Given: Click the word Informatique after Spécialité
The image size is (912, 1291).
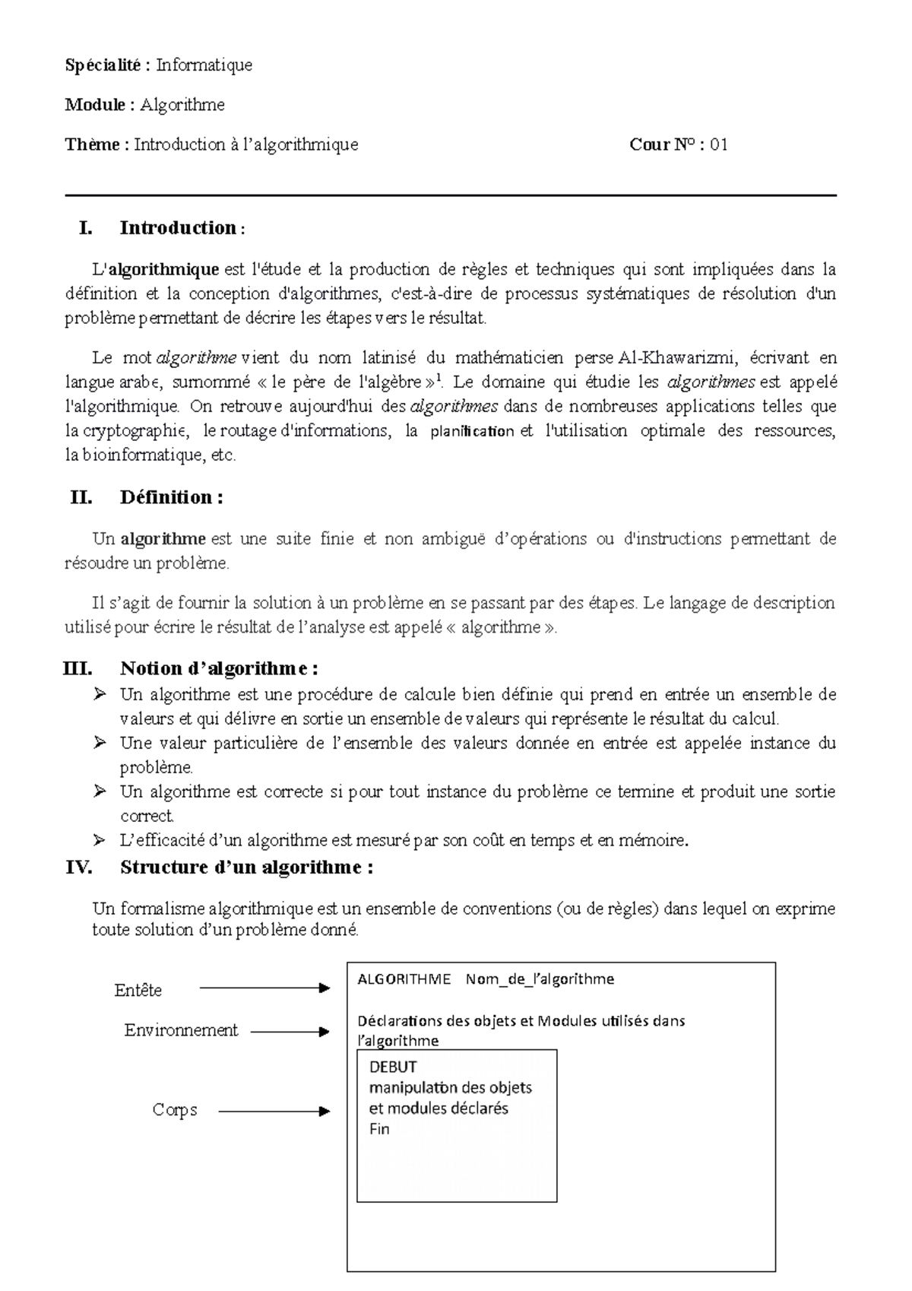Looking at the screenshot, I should click(204, 65).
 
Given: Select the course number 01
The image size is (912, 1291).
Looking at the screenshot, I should click(719, 144).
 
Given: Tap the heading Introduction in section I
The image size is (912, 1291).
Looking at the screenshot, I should click(178, 227).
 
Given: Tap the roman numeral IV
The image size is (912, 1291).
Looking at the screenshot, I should click(78, 868).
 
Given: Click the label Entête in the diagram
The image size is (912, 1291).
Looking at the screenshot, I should click(138, 990).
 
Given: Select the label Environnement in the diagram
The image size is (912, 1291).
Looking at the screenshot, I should click(181, 1030).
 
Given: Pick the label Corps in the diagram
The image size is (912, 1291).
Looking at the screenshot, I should click(174, 1110).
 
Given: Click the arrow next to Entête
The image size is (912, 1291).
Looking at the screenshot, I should click(264, 988).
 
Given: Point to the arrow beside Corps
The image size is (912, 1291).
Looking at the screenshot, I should click(274, 1112).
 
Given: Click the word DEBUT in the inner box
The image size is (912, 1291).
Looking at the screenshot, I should click(393, 1067).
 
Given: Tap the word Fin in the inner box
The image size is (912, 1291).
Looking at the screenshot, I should click(379, 1129).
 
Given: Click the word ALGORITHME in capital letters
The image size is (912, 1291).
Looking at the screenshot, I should click(404, 979).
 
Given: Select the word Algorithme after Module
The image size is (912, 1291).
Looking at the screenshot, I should click(182, 105).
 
